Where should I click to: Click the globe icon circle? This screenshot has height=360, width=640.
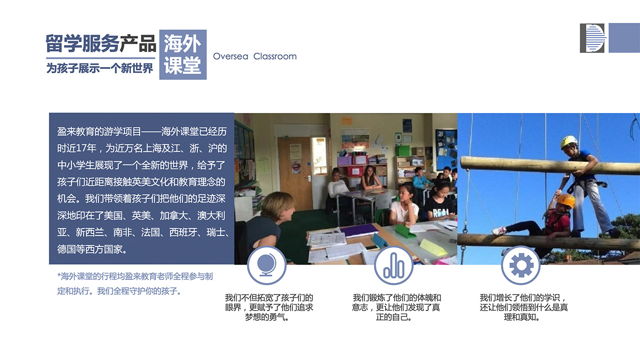266,265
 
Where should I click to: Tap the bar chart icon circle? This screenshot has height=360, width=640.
393,265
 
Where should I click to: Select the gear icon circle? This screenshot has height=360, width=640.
521,265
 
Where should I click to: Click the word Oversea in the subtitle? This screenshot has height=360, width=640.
230,56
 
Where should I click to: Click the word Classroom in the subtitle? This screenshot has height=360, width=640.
275,56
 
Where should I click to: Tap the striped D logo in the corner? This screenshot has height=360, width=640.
592,38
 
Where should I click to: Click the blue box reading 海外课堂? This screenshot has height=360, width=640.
183,54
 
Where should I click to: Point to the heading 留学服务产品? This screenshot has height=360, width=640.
101,43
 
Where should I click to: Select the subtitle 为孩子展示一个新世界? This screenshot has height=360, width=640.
99,68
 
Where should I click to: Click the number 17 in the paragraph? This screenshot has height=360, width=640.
82,148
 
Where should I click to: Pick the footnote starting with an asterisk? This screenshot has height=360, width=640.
135,283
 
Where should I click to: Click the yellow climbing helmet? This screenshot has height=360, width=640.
569,141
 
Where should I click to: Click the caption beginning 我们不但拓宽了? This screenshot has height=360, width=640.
269,307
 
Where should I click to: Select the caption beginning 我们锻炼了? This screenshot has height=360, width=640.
396,307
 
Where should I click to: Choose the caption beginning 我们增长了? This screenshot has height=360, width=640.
523,307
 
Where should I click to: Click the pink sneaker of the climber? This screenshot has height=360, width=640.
499,230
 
